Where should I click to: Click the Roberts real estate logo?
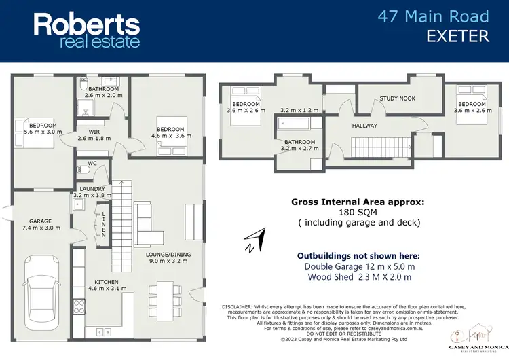(87, 30)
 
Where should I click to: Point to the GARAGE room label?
(40, 221)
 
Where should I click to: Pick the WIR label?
(85, 132)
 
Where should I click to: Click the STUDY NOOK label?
(397, 98)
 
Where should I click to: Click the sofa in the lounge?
(149, 225)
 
